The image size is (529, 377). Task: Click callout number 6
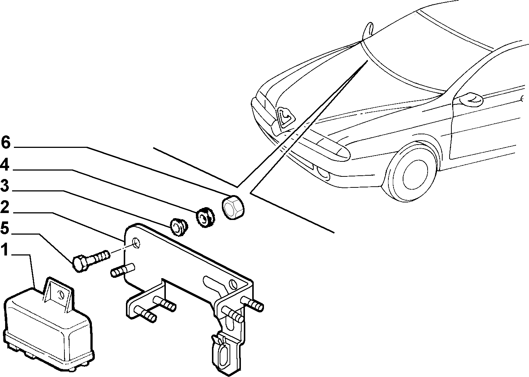pos(6,142)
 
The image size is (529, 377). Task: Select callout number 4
pos(5,165)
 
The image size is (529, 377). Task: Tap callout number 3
pos(5,185)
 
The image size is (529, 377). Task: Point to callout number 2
pos(5,207)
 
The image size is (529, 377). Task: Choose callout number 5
pos(5,228)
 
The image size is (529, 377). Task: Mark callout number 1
pos(5,250)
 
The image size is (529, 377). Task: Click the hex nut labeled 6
pos(233,204)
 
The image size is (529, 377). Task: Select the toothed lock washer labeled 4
pos(205,217)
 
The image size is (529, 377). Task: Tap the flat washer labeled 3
pos(179,227)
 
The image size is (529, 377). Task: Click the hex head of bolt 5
pos(79,264)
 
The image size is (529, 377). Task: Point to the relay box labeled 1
pos(49,328)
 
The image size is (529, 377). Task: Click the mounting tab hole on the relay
pos(61,295)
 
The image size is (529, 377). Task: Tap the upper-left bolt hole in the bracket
pos(137,243)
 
